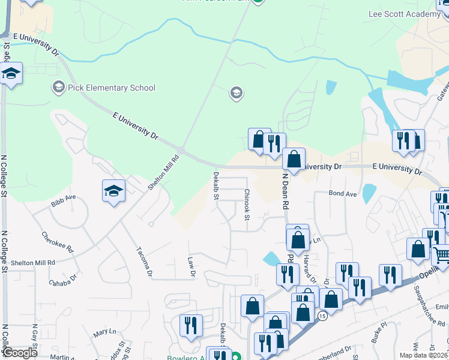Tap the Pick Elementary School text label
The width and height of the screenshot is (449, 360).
coord(111,88)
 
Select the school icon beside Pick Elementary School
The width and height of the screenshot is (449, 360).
coord(58,88)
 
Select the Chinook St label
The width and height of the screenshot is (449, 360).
coord(247,205)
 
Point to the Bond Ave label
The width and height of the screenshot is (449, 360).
coord(343,194)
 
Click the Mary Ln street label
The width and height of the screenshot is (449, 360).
coord(104,332)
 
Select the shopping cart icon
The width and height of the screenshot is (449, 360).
coord(441,255)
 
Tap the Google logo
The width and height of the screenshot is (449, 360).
coord(20,353)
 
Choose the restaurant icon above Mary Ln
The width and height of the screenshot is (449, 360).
coord(191,325)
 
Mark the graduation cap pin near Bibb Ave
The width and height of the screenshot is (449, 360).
coord(113,190)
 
